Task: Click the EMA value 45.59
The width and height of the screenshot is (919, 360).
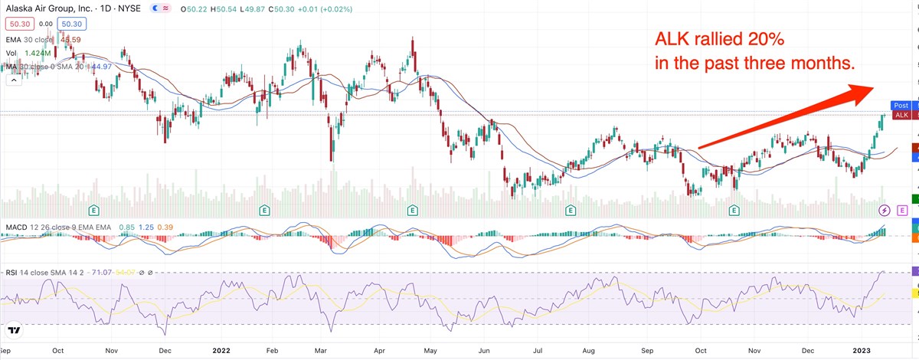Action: (70, 39)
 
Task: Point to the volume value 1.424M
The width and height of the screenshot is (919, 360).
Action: (38, 54)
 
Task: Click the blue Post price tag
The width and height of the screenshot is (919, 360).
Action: (900, 106)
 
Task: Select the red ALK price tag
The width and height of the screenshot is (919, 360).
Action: (901, 115)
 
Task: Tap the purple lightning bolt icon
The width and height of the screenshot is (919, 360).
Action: (885, 209)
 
